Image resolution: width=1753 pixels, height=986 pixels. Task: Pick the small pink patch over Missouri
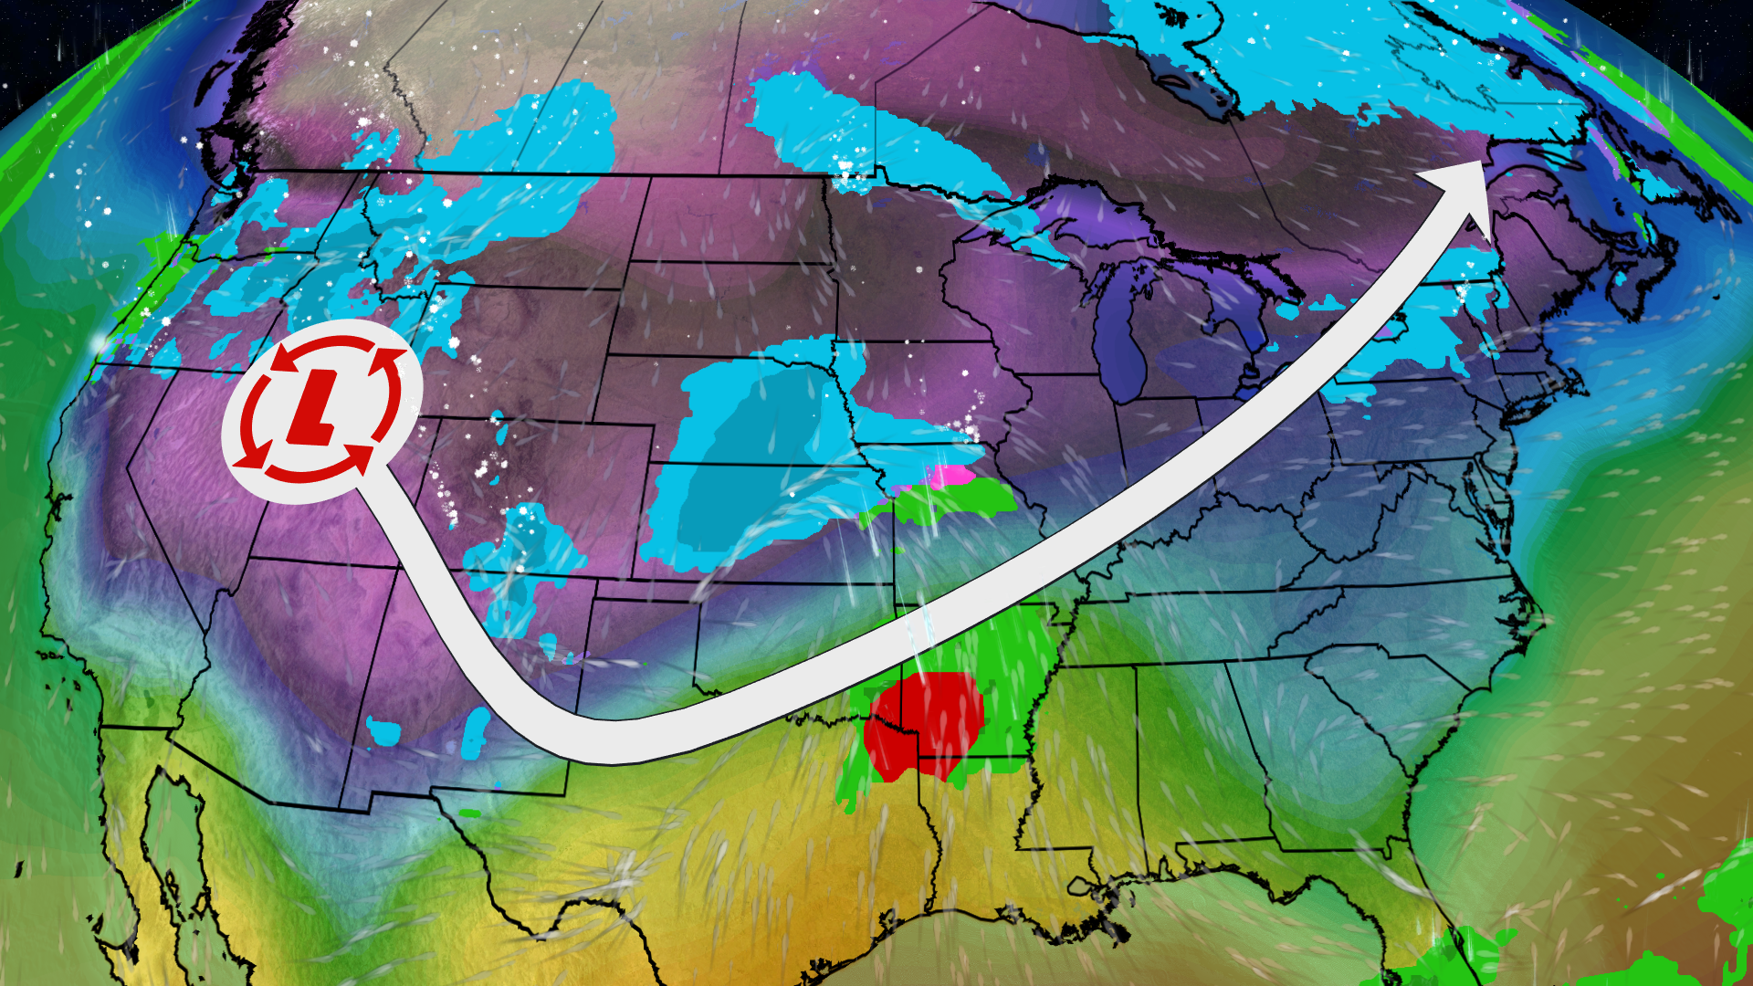point(950,476)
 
